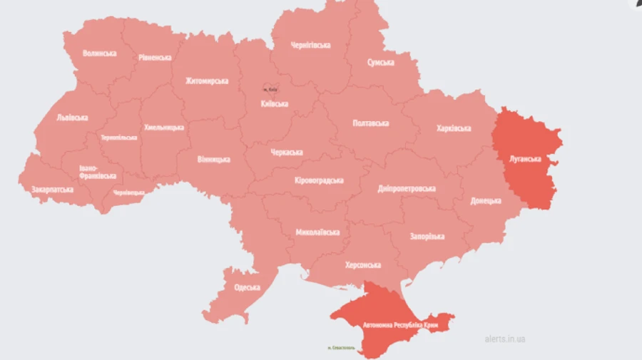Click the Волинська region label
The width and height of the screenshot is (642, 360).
pos(99,53)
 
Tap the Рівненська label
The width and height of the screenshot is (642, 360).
pos(155,58)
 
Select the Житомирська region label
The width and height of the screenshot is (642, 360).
pos(207,81)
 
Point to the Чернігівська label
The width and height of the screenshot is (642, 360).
pos(310,46)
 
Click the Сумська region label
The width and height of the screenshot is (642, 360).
pos(381,63)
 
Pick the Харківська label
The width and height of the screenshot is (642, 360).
pos(454,128)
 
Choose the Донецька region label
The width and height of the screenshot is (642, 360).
pos(486,201)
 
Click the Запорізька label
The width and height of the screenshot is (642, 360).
pos(427,236)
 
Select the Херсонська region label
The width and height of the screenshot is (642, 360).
pos(363,264)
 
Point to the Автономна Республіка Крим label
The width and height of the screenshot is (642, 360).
pos(400,325)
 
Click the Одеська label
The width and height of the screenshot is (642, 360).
pos(248,288)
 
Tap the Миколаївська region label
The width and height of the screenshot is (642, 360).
pos(317,232)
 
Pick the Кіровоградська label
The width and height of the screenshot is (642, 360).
pos(319,180)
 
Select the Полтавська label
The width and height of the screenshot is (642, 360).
pos(371,123)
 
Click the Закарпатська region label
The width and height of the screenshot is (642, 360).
pos(52,190)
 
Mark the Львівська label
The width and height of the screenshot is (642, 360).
pos(72,118)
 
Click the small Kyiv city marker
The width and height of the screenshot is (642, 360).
pos(270,89)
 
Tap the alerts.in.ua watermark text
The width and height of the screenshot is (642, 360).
pos(504,339)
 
